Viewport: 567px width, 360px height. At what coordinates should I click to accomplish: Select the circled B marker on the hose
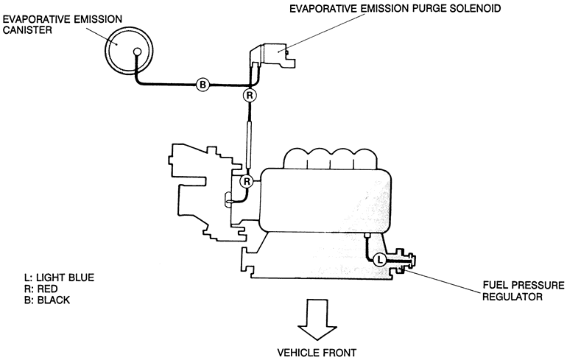point(203,85)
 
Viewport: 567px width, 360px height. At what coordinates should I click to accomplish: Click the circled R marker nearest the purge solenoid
point(250,96)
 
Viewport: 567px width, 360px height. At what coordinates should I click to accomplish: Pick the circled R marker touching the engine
point(247,181)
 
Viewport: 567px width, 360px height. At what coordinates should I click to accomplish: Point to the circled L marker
point(378,259)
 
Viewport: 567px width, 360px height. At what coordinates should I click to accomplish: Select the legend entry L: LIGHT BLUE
point(60,277)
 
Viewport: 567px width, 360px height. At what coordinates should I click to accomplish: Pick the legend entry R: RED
point(41,289)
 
